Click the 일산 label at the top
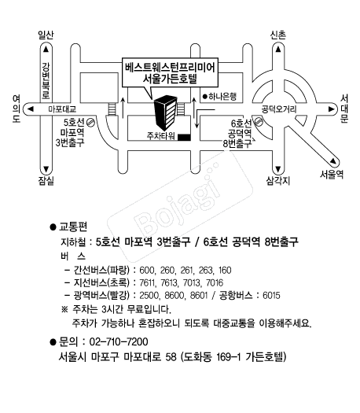(46, 35)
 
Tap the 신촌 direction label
(278, 35)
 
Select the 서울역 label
(332, 175)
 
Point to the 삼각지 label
(278, 181)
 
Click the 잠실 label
(46, 181)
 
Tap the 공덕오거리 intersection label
(279, 109)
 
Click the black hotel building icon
(166, 112)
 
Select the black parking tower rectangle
(184, 137)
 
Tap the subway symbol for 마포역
(90, 123)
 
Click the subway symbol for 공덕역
(259, 122)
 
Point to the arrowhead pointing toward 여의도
(31, 109)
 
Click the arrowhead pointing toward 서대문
(332, 109)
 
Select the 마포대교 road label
(62, 109)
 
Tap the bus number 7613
(169, 282)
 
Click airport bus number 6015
(271, 295)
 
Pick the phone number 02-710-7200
(119, 341)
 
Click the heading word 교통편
(73, 227)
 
